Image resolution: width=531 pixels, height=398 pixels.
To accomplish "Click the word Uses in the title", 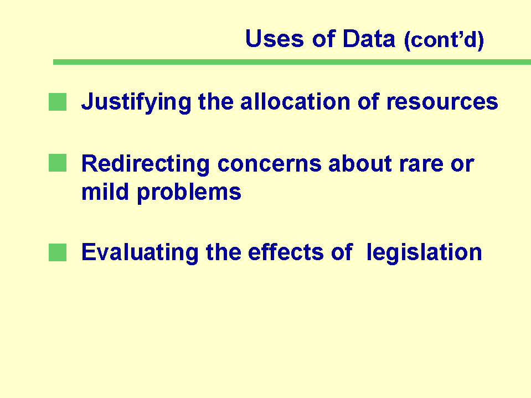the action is (274, 38).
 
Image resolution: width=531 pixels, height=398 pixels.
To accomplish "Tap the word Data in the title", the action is (369, 38).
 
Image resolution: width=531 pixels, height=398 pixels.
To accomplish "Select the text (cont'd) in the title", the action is (444, 40).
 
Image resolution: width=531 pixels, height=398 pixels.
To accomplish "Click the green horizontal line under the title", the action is (292, 62).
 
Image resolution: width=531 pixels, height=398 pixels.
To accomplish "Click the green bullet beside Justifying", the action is (58, 102).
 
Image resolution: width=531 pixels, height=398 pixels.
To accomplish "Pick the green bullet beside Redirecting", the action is (58, 163).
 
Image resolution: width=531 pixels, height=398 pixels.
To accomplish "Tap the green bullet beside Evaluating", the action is (58, 252).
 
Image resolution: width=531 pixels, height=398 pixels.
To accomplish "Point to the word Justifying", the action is (136, 102).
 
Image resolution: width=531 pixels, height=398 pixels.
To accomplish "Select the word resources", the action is (442, 102).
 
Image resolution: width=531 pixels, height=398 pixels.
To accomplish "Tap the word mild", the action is (105, 192).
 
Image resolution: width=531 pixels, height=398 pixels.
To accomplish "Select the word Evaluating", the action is (140, 253).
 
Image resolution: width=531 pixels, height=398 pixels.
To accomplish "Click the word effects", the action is (286, 252).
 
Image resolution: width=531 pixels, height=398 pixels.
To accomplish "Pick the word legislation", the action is (424, 253).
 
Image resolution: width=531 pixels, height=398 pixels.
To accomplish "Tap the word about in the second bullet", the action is (360, 164).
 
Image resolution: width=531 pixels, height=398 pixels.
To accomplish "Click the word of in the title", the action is (324, 38).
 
